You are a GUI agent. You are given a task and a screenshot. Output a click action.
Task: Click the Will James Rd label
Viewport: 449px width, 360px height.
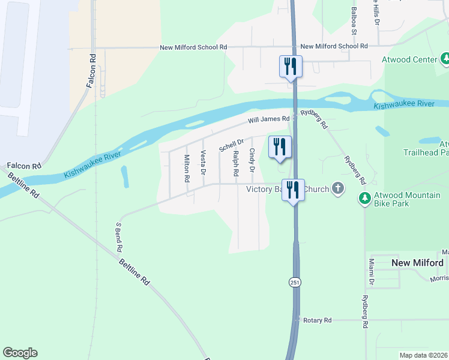coord(269,121)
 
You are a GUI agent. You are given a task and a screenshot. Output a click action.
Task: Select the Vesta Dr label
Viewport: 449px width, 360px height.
coord(203,163)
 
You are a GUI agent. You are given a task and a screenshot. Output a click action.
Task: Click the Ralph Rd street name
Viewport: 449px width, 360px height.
coord(236,163)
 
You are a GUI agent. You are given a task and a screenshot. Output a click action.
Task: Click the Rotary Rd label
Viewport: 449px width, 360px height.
coord(318,320)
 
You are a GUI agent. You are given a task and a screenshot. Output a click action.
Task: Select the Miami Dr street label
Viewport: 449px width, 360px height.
coord(372,272)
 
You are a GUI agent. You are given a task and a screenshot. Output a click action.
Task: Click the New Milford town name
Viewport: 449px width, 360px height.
coord(417,263)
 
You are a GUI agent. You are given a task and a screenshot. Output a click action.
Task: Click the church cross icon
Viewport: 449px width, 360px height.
coord(338,189)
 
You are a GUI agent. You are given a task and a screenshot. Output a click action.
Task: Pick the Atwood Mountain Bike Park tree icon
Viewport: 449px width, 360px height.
coord(364,197)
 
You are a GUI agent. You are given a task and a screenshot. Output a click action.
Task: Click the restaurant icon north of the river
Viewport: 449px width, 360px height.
coord(291,66)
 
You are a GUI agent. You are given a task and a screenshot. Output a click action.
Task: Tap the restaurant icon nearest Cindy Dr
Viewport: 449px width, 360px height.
coord(280,146)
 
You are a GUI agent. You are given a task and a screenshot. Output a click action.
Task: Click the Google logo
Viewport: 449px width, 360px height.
coord(20,353)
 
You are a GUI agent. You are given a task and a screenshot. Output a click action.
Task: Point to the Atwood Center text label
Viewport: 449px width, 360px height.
coord(409,59)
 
